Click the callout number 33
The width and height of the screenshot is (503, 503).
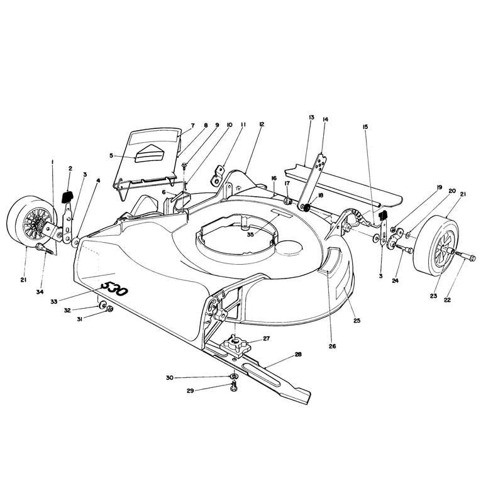[54, 302]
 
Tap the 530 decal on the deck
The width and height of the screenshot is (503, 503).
[114, 289]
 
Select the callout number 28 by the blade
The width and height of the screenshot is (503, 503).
[298, 355]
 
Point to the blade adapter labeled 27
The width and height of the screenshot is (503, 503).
[235, 346]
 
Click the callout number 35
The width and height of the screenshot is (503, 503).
[250, 235]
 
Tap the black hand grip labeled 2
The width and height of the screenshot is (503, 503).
[68, 196]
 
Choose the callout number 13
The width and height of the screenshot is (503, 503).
[311, 118]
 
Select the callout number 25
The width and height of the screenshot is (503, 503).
[357, 321]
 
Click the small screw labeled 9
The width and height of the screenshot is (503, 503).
[184, 165]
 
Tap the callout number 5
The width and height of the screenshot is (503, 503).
[111, 155]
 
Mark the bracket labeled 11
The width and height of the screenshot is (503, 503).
[218, 175]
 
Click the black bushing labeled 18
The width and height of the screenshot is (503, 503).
[306, 207]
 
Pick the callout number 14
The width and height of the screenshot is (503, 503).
[325, 119]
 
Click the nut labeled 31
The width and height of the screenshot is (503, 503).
[109, 309]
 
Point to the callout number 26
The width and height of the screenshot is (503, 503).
[333, 346]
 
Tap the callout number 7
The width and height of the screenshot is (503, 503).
[193, 125]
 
